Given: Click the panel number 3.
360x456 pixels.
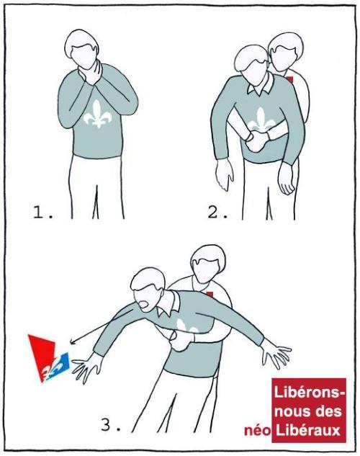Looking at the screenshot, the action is (110, 425).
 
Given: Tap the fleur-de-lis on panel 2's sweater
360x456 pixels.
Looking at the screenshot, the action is (261, 120).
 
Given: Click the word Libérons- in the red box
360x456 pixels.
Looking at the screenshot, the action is (309, 393).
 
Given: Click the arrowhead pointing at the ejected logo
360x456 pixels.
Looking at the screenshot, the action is (73, 341).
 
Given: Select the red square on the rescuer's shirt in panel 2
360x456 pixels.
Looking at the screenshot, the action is (289, 79).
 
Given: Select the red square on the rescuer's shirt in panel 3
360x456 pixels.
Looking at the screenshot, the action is (210, 294).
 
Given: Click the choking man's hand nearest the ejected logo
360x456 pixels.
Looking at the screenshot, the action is (86, 367).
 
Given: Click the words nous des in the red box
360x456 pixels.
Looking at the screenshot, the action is (307, 411).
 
